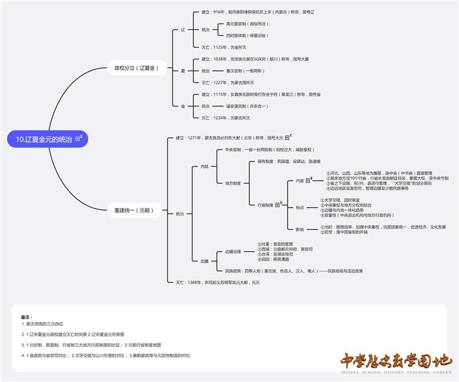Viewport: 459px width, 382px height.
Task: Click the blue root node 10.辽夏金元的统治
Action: tap(44, 140)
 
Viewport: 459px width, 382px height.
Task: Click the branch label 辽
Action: tap(183, 29)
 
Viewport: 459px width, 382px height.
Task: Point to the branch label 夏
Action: tap(183, 71)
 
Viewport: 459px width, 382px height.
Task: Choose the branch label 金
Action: tap(183, 106)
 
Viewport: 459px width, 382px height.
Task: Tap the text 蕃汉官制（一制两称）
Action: tap(238, 71)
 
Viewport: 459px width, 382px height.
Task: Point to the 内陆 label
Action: tap(205, 167)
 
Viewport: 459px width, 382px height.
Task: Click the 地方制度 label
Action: tap(233, 183)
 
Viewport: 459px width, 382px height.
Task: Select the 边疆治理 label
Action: tap(233, 252)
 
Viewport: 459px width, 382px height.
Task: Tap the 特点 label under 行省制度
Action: tap(300, 207)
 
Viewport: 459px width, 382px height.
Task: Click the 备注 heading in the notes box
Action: tap(26, 317)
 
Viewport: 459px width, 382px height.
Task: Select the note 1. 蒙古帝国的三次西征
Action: tap(45, 324)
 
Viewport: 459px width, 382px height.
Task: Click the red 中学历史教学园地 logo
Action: tap(396, 362)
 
